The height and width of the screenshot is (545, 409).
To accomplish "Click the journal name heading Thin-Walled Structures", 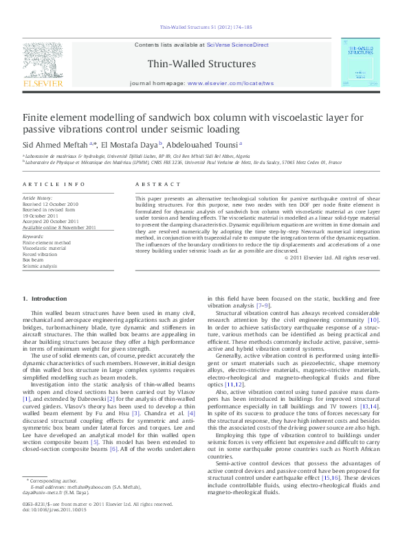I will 201,65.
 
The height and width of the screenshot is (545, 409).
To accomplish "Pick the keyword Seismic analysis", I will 40,266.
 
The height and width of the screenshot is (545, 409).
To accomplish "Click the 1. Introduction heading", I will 45,299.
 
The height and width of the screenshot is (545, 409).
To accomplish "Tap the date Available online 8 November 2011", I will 59,227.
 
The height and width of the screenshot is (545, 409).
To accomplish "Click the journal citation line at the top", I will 206,27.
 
